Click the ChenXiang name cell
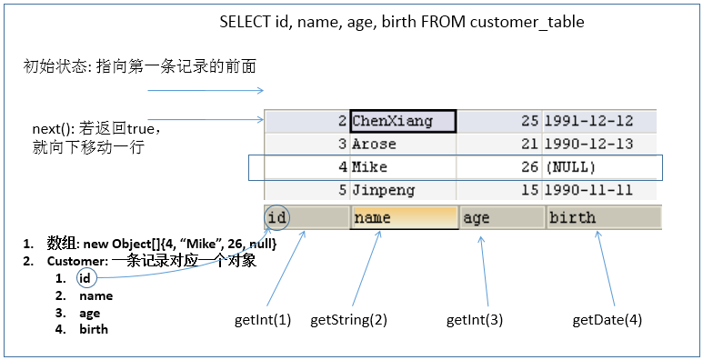click(402, 121)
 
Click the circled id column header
click(278, 217)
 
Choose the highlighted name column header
click(404, 217)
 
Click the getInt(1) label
click(263, 320)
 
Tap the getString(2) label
click(348, 320)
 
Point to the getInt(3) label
click(475, 320)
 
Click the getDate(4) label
click(607, 320)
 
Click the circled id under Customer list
click(85, 278)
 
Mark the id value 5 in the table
click(342, 190)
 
